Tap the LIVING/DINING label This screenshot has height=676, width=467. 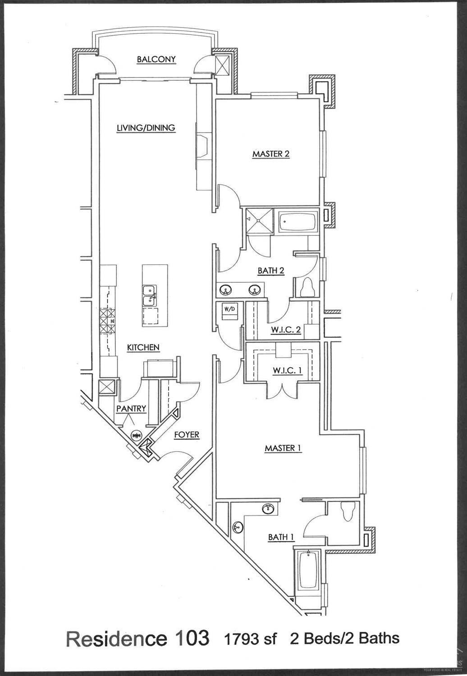tap(146, 128)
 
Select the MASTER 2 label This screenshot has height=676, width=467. tap(270, 154)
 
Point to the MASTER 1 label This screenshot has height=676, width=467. tap(283, 448)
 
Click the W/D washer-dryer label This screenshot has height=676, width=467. tap(229, 310)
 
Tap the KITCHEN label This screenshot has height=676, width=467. tap(143, 347)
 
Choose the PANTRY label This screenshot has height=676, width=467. tap(131, 409)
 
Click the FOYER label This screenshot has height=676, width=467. tap(187, 435)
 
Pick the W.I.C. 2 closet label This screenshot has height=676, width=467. tap(286, 330)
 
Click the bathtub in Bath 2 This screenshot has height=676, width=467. tap(298, 221)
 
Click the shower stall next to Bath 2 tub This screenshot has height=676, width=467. tap(259, 221)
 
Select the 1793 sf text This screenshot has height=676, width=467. tap(250, 639)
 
